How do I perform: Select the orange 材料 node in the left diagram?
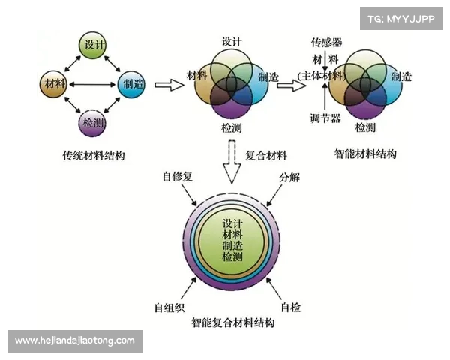pyautogui.click(x=54, y=82)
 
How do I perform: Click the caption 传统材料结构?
pyautogui.click(x=93, y=156)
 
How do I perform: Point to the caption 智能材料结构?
pyautogui.click(x=365, y=154)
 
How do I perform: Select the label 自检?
pyautogui.click(x=291, y=307)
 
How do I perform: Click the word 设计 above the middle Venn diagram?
pyautogui.click(x=232, y=42)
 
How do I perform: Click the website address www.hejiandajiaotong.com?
pyautogui.click(x=75, y=340)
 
